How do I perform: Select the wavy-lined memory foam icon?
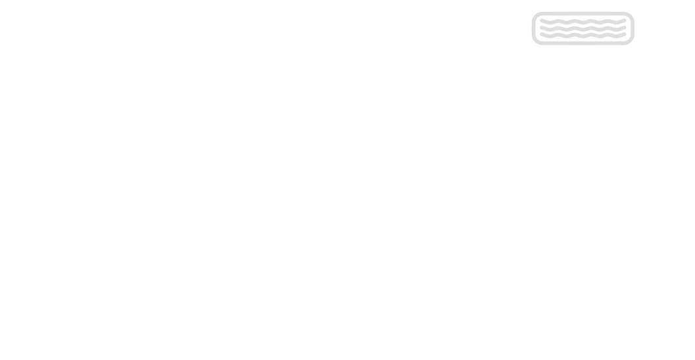click(x=582, y=28)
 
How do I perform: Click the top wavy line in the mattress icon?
click(x=582, y=20)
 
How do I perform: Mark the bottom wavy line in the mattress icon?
click(x=582, y=37)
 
